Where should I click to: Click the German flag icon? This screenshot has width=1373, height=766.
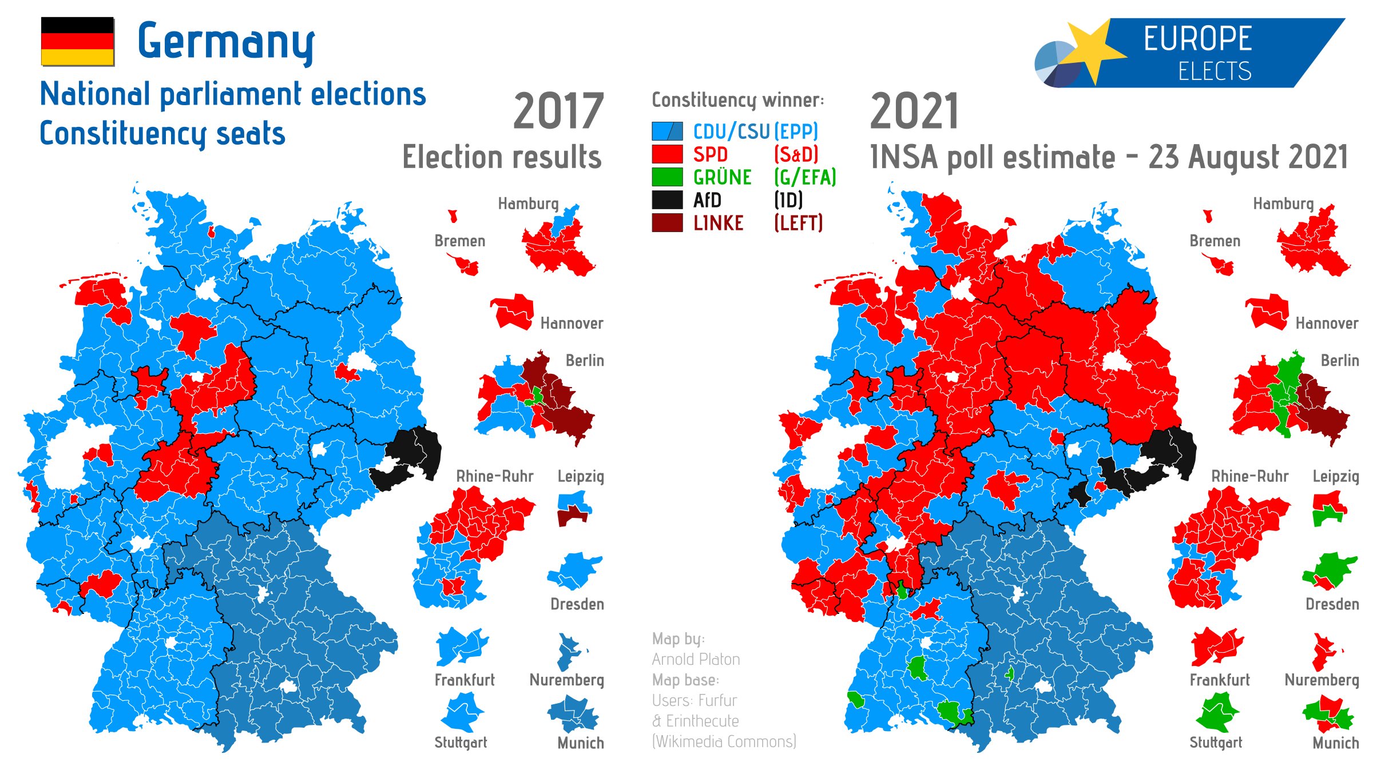(77, 41)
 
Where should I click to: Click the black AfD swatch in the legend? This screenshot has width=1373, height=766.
(667, 200)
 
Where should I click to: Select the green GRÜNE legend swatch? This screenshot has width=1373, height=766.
(667, 177)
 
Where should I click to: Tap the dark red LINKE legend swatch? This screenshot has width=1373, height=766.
(667, 223)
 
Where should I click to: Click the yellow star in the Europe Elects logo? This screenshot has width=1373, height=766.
(1093, 51)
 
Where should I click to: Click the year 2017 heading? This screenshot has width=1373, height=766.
(558, 111)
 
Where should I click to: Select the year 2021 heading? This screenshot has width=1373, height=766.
(914, 111)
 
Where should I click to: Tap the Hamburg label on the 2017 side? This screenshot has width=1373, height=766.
(528, 204)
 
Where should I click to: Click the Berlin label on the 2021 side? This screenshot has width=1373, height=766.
(1340, 360)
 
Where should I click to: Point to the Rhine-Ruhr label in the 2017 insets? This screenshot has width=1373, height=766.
(494, 476)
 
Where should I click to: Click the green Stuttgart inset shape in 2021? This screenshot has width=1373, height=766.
(1217, 712)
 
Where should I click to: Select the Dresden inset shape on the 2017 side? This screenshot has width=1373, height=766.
(575, 570)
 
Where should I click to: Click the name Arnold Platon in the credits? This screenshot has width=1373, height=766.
(696, 659)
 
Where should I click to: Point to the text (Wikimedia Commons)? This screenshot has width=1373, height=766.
(724, 741)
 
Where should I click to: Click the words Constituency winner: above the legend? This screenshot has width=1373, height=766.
(738, 100)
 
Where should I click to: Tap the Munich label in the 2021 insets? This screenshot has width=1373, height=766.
(1335, 743)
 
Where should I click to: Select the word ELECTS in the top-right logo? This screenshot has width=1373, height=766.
(1215, 71)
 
